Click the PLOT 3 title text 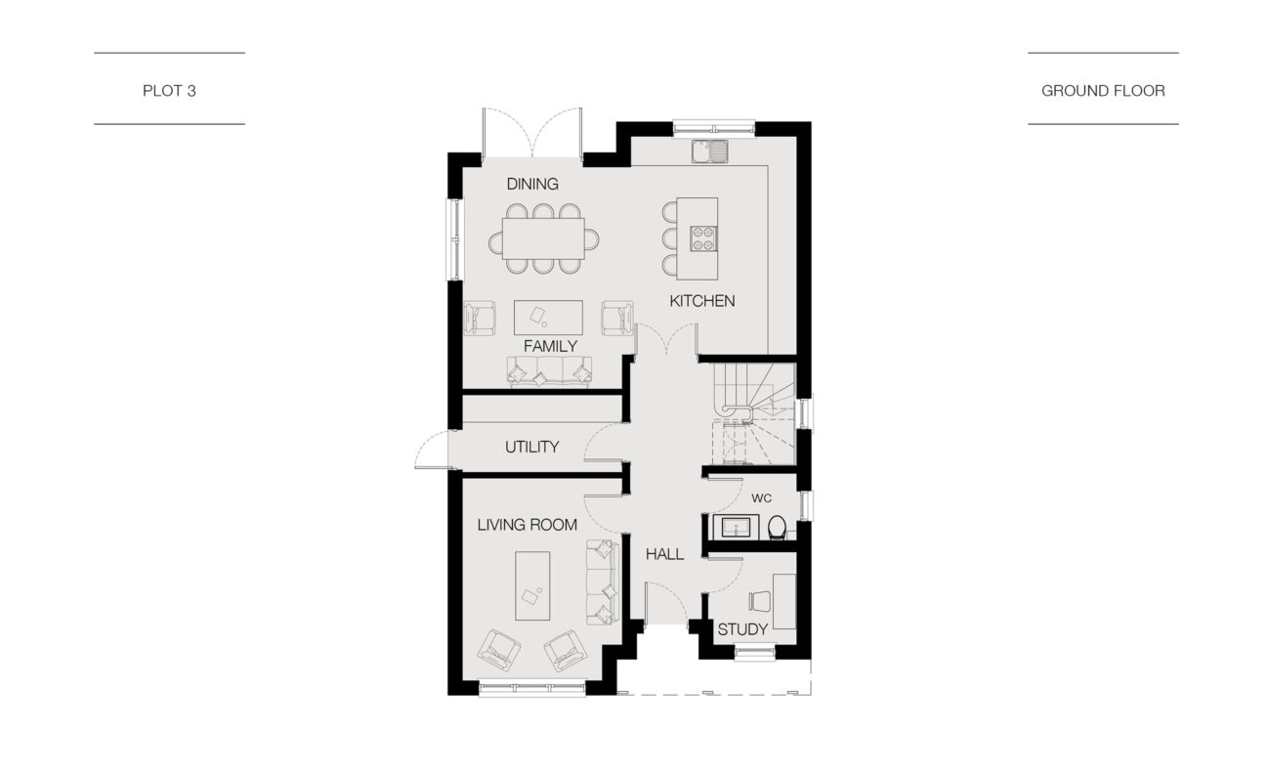(x=169, y=91)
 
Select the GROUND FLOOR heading (x=1103, y=91)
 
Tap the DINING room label (x=532, y=184)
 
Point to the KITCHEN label (x=701, y=301)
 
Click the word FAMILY (x=550, y=346)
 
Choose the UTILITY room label (x=531, y=447)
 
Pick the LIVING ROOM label (x=528, y=525)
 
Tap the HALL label (x=664, y=554)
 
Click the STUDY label (x=742, y=629)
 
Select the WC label (x=761, y=498)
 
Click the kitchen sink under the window (x=710, y=151)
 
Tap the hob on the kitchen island (x=703, y=238)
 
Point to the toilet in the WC (x=777, y=527)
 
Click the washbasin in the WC (x=736, y=528)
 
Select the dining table (x=543, y=238)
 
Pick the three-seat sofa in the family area (x=549, y=372)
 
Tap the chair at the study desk (x=760, y=601)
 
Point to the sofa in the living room (x=602, y=582)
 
